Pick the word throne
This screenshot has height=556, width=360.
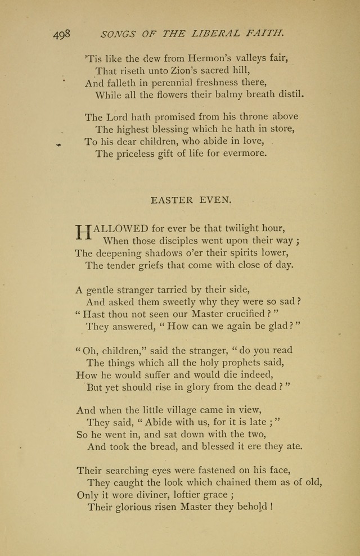tap(250, 116)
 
